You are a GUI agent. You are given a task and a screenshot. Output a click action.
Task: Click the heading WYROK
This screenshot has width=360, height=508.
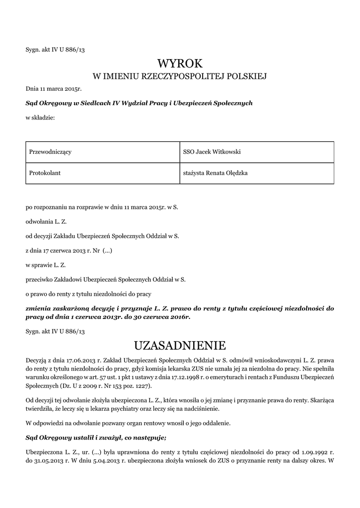(x=180, y=63)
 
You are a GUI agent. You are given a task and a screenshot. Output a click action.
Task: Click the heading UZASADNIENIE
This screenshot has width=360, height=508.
(x=180, y=345)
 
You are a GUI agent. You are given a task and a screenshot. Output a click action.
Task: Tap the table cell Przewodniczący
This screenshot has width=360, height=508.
(x=51, y=152)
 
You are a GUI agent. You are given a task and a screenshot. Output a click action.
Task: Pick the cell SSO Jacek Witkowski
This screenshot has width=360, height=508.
(x=212, y=152)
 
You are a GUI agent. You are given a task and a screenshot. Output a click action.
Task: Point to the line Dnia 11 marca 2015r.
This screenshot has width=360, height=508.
(x=53, y=89)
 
